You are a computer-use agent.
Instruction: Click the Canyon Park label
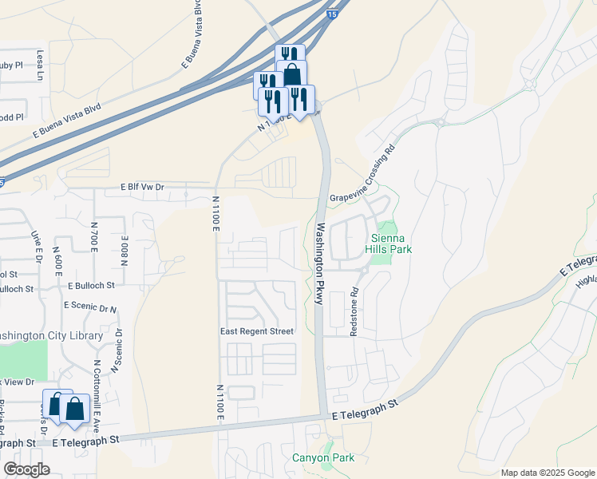click(x=322, y=457)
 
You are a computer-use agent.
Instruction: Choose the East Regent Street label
click(x=257, y=331)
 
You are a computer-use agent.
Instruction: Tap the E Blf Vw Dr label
click(x=142, y=187)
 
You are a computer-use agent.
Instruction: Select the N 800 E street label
click(x=125, y=249)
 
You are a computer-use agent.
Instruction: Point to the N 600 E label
click(x=58, y=260)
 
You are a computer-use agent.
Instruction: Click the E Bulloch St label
click(x=92, y=285)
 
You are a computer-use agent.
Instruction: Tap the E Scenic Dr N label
click(x=90, y=307)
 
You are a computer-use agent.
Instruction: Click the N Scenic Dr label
click(x=117, y=351)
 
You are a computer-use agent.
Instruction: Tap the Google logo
click(x=26, y=469)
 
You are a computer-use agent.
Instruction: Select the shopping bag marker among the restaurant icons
click(x=291, y=74)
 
